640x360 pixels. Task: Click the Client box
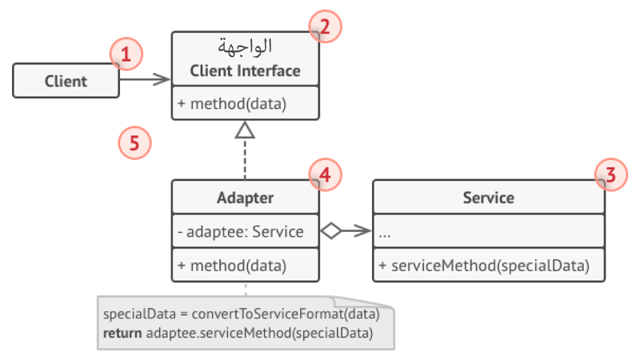[66, 81]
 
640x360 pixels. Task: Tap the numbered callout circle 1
[126, 55]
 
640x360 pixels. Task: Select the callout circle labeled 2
[326, 27]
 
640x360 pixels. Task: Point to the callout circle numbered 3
[611, 174]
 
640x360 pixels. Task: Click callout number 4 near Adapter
[326, 174]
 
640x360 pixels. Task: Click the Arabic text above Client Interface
[245, 46]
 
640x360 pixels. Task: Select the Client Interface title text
[245, 71]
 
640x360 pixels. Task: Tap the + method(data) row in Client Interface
[232, 103]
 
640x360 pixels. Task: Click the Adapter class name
[245, 198]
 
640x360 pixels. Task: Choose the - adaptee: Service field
[241, 232]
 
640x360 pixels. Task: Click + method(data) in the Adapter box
[232, 266]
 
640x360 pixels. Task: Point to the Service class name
[488, 198]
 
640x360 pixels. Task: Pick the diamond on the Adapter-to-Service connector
[330, 232]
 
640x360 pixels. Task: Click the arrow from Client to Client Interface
[146, 79]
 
